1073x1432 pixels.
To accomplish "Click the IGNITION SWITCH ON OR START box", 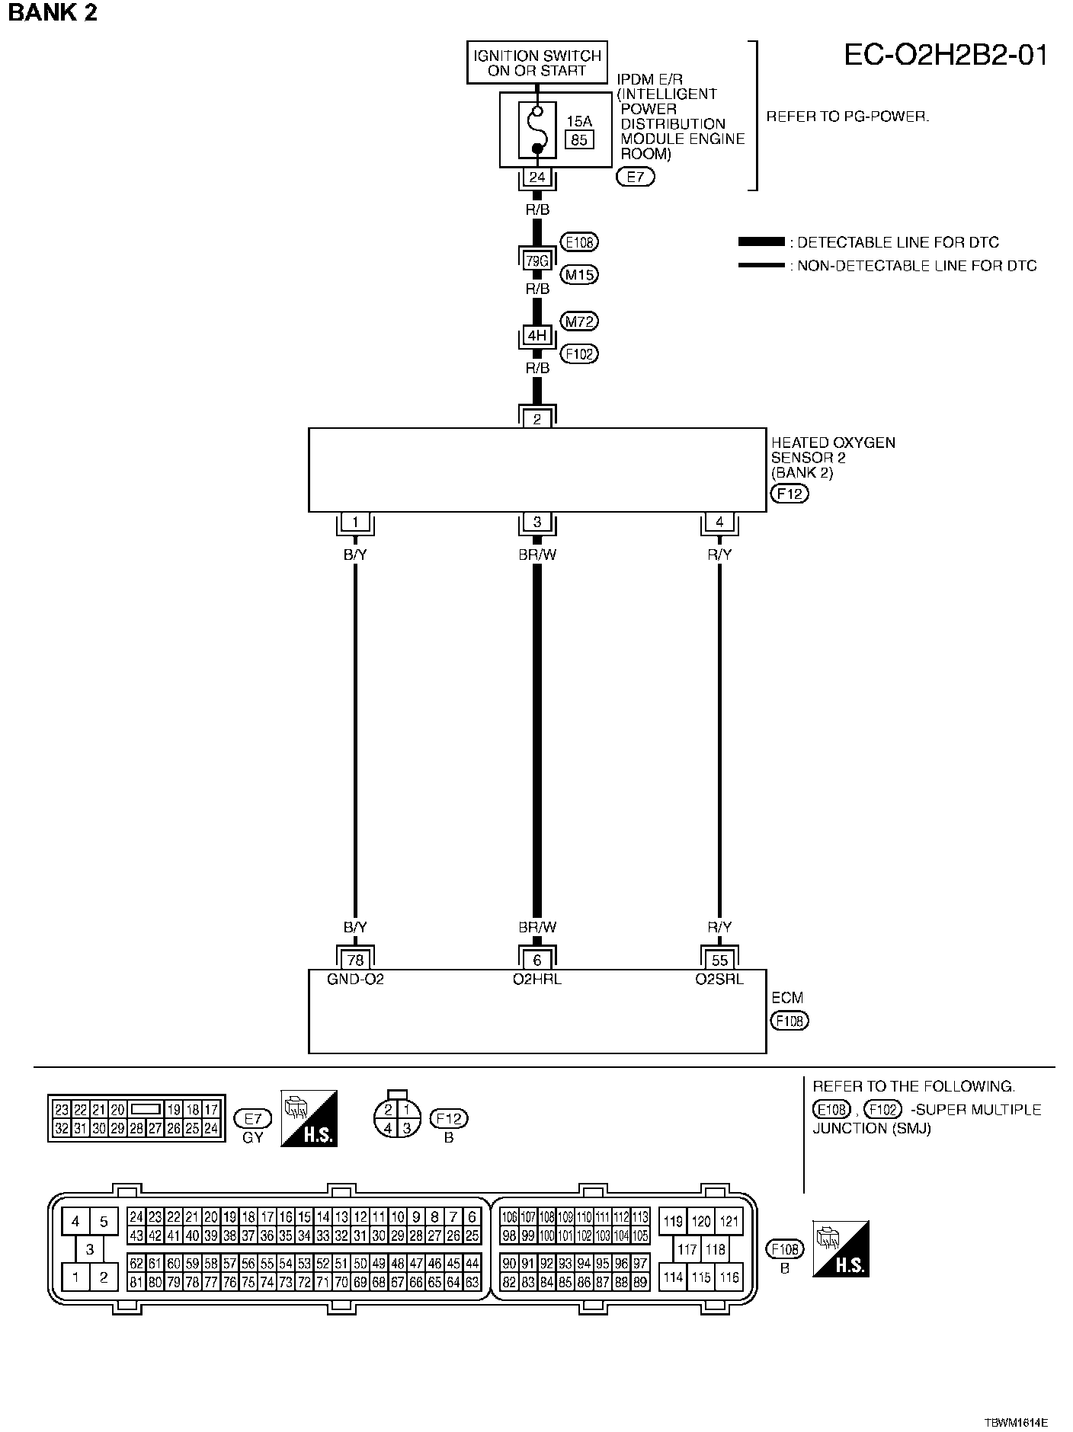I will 537,62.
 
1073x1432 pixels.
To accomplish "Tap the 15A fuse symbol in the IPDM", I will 537,129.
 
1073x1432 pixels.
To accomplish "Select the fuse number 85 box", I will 579,139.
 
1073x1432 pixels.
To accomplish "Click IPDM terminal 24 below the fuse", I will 537,177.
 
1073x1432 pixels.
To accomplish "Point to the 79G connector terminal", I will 537,261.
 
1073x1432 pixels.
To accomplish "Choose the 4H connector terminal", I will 537,335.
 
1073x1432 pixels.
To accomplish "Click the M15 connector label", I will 579,274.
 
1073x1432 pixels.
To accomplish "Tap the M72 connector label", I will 579,321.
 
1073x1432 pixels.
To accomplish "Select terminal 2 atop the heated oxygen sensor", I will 537,419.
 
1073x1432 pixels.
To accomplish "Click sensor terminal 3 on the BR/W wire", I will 537,522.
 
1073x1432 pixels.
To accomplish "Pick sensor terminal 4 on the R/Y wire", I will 719,522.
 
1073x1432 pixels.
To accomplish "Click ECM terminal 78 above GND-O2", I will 355,961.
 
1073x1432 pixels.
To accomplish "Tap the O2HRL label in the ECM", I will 537,980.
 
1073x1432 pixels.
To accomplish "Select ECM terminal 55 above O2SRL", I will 719,961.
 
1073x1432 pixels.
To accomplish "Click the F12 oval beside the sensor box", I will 790,494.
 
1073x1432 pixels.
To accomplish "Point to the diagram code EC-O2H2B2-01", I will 946,56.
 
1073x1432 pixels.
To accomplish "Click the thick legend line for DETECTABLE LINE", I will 761,242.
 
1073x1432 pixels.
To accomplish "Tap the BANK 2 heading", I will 53,13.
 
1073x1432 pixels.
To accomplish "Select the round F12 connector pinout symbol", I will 397,1118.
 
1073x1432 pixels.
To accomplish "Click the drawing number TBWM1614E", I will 1016,1422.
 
